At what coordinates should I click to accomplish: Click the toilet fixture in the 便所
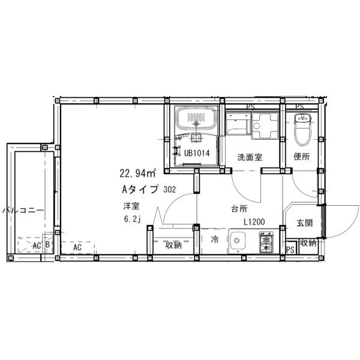coord(302,129)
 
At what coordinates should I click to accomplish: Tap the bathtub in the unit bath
coord(196,119)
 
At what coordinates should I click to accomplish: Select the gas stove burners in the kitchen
coord(266,242)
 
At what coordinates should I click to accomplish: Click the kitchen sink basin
coord(238,241)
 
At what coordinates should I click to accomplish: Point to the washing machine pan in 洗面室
coord(265,126)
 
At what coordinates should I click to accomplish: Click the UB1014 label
coord(197,153)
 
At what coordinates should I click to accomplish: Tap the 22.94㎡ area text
coord(137,173)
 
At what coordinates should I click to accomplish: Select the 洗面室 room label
coord(250,157)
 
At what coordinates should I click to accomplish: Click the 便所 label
coord(302,157)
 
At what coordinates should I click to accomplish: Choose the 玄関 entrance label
coord(305,223)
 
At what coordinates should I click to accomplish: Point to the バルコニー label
coord(23,210)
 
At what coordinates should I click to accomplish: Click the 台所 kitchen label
coord(239,209)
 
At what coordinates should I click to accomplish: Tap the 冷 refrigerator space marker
coord(215,239)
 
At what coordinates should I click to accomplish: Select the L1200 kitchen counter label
coord(254,222)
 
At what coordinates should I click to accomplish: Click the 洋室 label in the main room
coord(131,206)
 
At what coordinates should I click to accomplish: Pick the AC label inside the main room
coord(77,247)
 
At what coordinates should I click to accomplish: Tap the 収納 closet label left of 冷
coord(174,245)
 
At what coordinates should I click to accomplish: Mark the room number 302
coord(170,190)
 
